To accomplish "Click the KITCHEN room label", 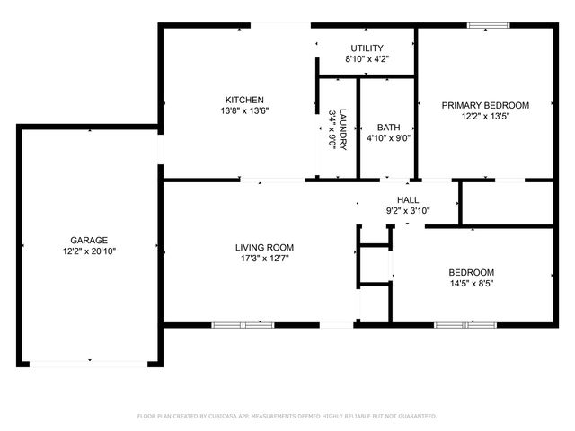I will [x=243, y=99].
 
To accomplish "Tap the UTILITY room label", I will [x=367, y=48].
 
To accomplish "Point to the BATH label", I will [x=389, y=128].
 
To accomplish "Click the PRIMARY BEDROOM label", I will [x=485, y=105].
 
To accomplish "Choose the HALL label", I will [x=408, y=200].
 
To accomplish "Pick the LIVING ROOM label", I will [x=264, y=247].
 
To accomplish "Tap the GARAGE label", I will [x=89, y=240].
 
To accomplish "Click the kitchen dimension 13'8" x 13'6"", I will [x=243, y=110].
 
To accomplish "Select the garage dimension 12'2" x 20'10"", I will [x=89, y=251].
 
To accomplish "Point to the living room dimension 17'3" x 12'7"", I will [x=264, y=259].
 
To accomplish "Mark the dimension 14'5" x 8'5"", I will [x=472, y=284].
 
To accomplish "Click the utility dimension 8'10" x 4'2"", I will [x=367, y=59].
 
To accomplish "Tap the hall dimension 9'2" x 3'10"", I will [x=408, y=211].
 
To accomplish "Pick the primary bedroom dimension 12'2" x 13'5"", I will [x=485, y=116].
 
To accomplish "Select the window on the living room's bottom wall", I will [x=243, y=323].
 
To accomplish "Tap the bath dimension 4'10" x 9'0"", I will [x=389, y=138].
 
